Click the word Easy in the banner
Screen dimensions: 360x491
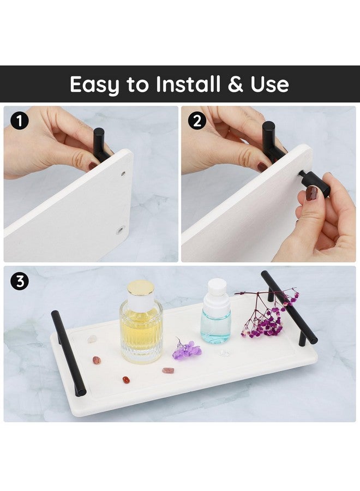pyautogui.click(x=94, y=85)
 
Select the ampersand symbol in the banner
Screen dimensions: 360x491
pyautogui.click(x=235, y=84)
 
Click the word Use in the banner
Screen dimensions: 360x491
pyautogui.click(x=269, y=84)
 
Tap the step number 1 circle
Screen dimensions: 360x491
pyautogui.click(x=20, y=121)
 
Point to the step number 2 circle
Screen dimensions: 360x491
pyautogui.click(x=197, y=121)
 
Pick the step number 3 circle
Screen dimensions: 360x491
pyautogui.click(x=20, y=281)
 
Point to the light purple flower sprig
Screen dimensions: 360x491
pyautogui.click(x=186, y=349)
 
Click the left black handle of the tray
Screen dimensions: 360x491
pyautogui.click(x=68, y=352)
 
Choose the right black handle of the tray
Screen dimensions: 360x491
pyautogui.click(x=289, y=308)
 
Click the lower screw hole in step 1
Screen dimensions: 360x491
pyautogui.click(x=120, y=231)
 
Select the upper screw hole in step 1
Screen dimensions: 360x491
pyautogui.click(x=123, y=173)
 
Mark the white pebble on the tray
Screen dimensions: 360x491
pyautogui.click(x=92, y=338)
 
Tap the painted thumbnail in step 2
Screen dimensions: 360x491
pyautogui.click(x=311, y=193)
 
